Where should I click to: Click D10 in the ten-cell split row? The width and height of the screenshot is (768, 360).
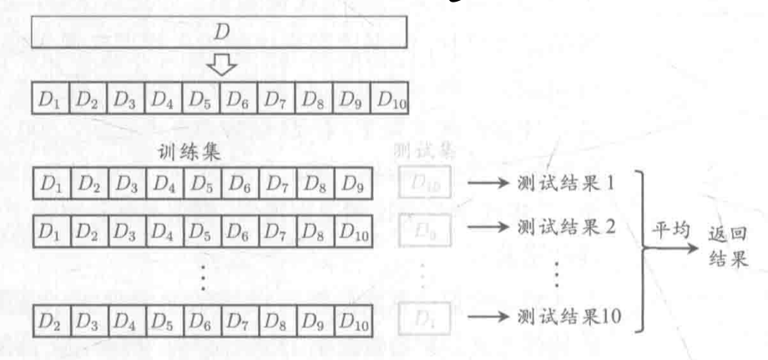[389, 103]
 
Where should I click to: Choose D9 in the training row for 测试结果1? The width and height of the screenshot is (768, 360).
[351, 181]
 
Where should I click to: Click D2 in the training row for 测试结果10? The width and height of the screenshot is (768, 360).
[50, 317]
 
